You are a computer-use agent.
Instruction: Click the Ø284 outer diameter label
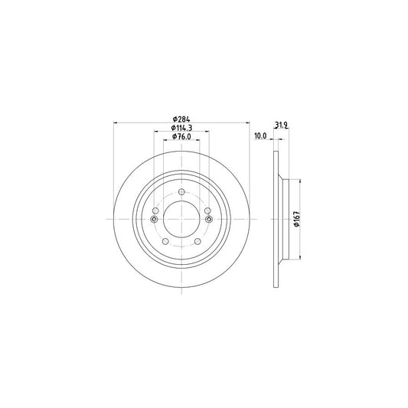tap(181, 119)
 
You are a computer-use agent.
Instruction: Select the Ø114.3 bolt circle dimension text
tap(181, 128)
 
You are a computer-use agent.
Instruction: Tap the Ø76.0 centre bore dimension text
tap(181, 136)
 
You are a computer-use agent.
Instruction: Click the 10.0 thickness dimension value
tap(259, 135)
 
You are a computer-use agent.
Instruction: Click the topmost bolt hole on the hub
tap(181, 191)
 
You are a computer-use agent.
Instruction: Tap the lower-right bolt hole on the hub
tap(199, 243)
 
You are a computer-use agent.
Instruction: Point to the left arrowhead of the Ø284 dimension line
tap(116, 123)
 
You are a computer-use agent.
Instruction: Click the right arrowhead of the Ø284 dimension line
tap(247, 123)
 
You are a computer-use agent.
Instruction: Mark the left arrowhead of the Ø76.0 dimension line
tap(165, 140)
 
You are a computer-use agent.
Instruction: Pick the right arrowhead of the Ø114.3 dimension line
tap(207, 132)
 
